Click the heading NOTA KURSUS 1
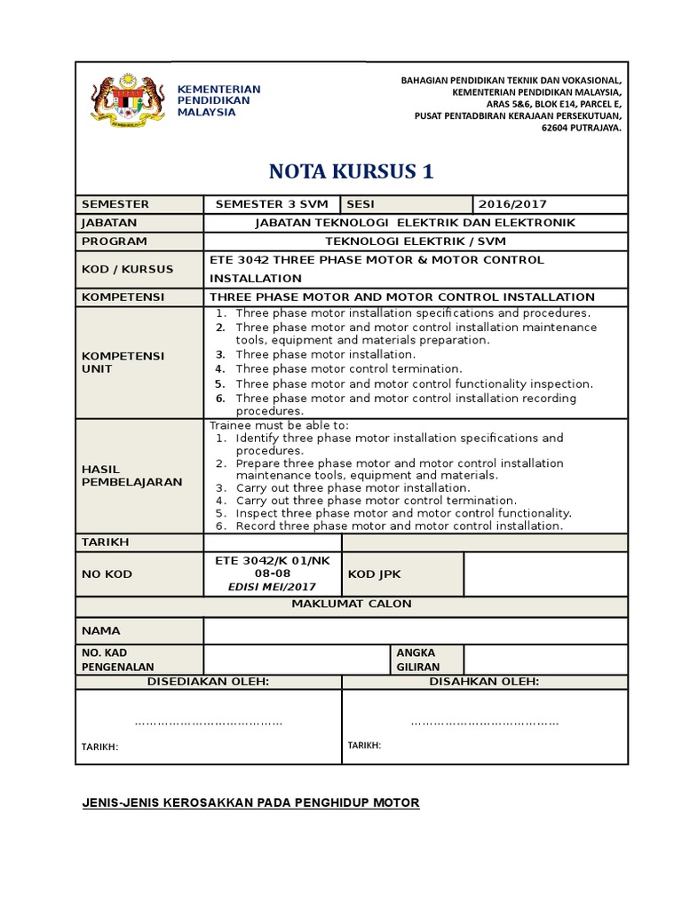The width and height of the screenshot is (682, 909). (352, 171)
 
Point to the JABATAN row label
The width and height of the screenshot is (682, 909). (109, 223)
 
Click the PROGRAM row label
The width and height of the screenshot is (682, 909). (114, 241)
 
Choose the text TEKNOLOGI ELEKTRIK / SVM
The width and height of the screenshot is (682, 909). (415, 241)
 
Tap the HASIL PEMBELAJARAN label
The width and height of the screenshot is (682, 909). (131, 475)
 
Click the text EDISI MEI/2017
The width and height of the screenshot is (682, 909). (272, 587)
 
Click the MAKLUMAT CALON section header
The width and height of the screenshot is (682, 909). (352, 605)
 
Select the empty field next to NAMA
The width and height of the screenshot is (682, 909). (415, 630)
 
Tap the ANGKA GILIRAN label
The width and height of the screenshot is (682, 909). (417, 660)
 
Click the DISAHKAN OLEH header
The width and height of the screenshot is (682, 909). (484, 682)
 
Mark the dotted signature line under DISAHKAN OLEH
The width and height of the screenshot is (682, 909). (484, 723)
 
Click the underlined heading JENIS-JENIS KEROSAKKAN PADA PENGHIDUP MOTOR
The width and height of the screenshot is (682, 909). (250, 803)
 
